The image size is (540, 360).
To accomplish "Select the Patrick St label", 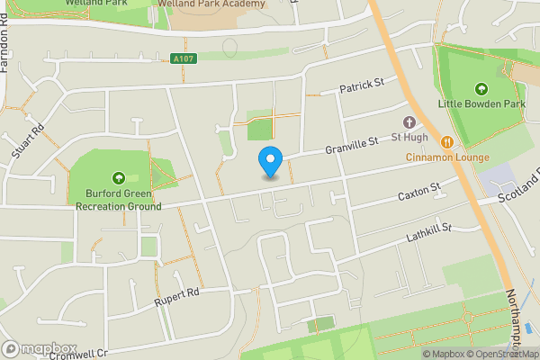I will coord(362,85).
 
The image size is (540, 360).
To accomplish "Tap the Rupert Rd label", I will coord(175,293).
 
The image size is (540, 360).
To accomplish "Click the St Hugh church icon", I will coord(409,122).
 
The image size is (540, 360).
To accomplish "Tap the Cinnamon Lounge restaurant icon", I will coord(446,141).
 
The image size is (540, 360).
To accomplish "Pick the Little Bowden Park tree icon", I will coord(481,88).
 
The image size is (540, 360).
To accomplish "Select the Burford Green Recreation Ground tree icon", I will coord(118,176).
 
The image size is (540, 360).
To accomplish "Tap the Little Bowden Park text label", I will coord(481,104).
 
